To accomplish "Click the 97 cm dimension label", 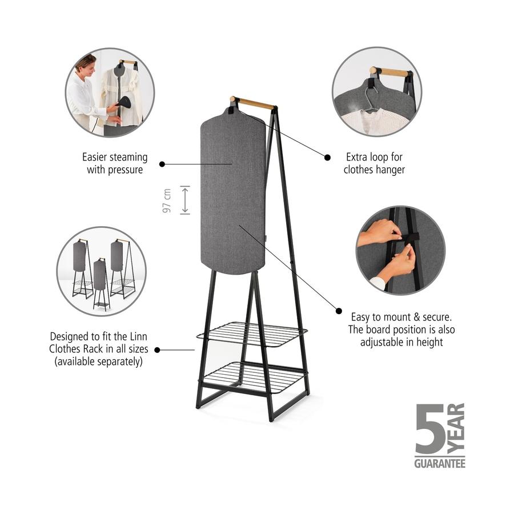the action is coord(167,200).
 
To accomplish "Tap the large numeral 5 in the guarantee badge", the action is coord(429,429).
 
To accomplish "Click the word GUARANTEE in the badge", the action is coord(440,463).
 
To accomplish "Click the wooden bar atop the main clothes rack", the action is coord(252,103).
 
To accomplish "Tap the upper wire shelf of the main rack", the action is coord(252,334).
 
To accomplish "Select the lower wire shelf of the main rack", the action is coord(253,378).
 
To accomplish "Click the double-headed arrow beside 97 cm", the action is coord(185,200).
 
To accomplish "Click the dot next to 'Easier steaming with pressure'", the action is coord(162,164).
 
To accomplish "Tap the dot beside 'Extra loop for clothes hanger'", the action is coord(327,158).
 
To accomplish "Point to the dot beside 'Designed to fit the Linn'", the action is coord(157,350).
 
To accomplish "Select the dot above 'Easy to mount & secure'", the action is coord(339,311).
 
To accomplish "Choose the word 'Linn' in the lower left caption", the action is coord(139,336).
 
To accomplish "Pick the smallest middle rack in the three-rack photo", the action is coord(101,284).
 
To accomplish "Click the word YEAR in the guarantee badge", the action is coord(456,429).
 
